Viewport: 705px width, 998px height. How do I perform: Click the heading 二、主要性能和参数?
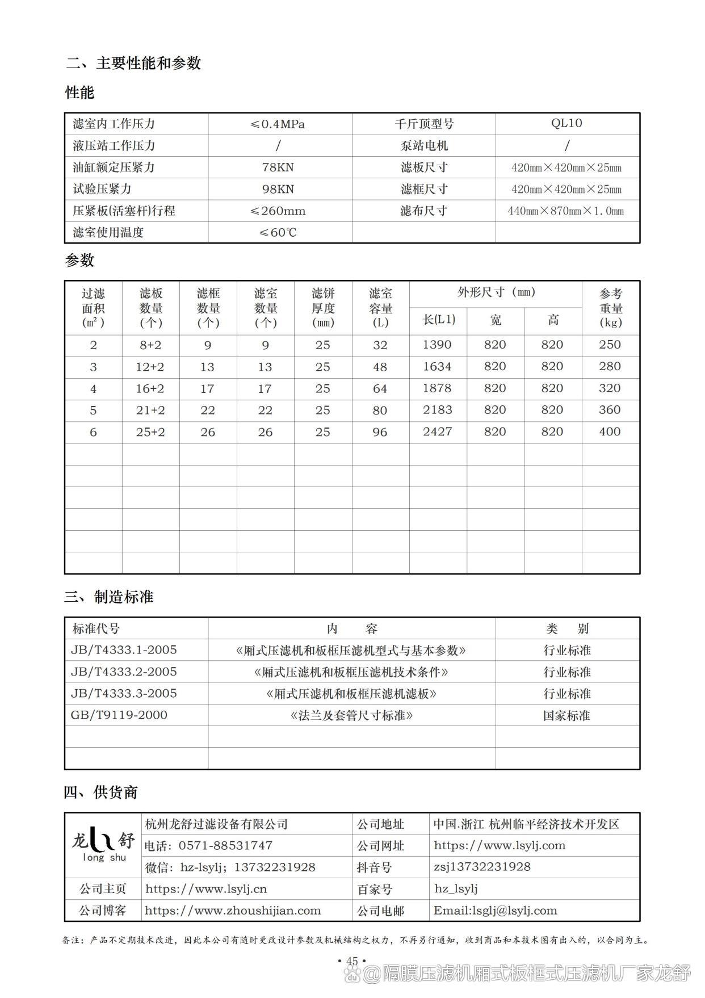[133, 63]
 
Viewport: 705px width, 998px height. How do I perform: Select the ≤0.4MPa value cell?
[278, 124]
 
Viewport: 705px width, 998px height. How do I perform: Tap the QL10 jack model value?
[566, 123]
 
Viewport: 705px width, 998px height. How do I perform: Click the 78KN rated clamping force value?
[278, 167]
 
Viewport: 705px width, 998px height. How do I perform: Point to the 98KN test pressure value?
[278, 189]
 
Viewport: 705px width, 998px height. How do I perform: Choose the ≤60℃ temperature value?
[278, 233]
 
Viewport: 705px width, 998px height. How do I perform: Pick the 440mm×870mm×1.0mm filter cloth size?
[566, 211]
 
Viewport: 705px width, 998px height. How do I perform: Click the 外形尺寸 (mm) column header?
[496, 292]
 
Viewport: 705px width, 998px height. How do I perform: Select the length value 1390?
[437, 345]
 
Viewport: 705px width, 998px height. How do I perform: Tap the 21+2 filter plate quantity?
[150, 410]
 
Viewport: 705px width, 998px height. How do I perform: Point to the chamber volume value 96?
[380, 432]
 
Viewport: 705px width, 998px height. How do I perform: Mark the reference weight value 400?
[610, 431]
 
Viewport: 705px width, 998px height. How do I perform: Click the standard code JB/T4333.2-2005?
[124, 672]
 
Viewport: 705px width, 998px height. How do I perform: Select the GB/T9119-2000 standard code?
[119, 715]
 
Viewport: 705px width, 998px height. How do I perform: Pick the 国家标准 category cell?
[566, 715]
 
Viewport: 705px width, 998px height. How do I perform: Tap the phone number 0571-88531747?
[225, 845]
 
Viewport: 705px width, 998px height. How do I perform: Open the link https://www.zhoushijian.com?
[233, 911]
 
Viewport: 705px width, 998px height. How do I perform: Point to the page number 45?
[352, 961]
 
